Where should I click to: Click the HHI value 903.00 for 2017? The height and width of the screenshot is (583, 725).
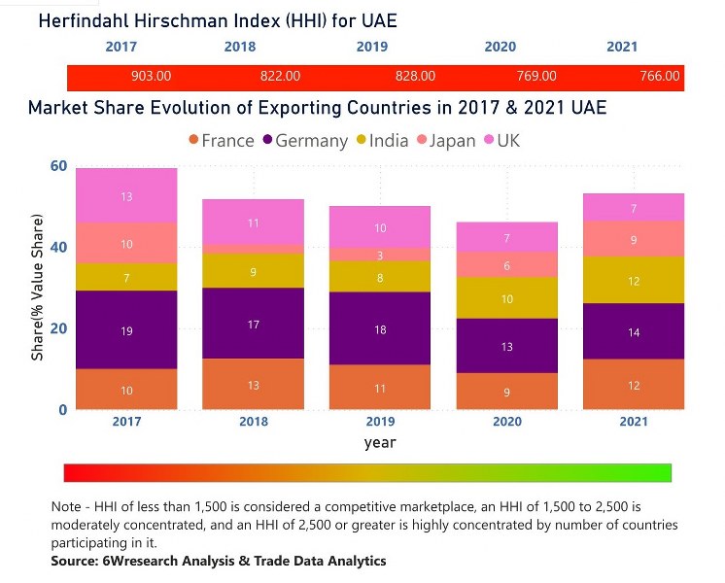pyautogui.click(x=151, y=76)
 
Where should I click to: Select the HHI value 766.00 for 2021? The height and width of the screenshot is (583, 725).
pyautogui.click(x=660, y=76)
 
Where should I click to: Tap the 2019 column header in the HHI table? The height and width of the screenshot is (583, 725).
pyautogui.click(x=371, y=47)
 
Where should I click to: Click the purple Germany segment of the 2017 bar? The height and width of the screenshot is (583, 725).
pyautogui.click(x=126, y=330)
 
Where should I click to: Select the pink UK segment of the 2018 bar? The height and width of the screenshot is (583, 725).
pyautogui.click(x=254, y=222)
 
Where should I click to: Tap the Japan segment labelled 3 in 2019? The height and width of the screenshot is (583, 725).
pyautogui.click(x=380, y=255)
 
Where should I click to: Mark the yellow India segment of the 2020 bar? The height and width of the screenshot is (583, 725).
pyautogui.click(x=507, y=298)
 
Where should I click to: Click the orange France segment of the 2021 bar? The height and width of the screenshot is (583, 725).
pyautogui.click(x=634, y=385)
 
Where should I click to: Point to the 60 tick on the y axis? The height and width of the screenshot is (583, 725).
pyautogui.click(x=58, y=166)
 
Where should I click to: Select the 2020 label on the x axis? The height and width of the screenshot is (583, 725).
pyautogui.click(x=507, y=422)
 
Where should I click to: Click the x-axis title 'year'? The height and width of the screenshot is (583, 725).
pyautogui.click(x=380, y=442)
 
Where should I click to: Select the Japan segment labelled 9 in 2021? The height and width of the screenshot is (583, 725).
pyautogui.click(x=634, y=238)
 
